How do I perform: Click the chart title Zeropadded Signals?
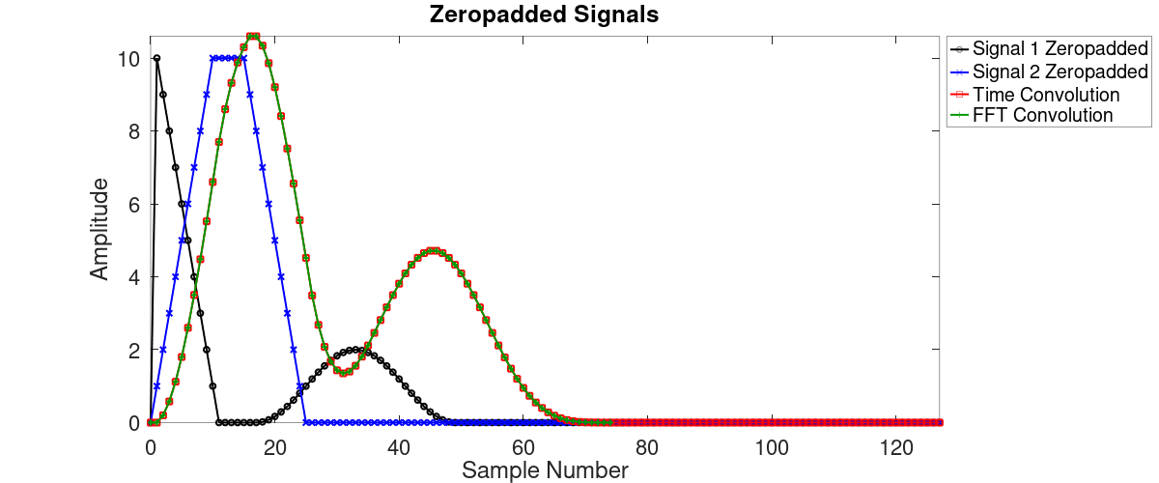click(x=545, y=15)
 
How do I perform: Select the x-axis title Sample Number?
click(x=545, y=470)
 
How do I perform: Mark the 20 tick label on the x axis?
click(x=274, y=447)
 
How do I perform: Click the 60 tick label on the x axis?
click(x=523, y=447)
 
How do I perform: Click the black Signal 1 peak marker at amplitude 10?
click(x=156, y=58)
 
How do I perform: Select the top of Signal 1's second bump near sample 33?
click(x=355, y=350)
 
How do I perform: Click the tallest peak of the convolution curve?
click(x=253, y=37)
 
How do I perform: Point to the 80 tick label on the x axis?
click(x=647, y=447)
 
